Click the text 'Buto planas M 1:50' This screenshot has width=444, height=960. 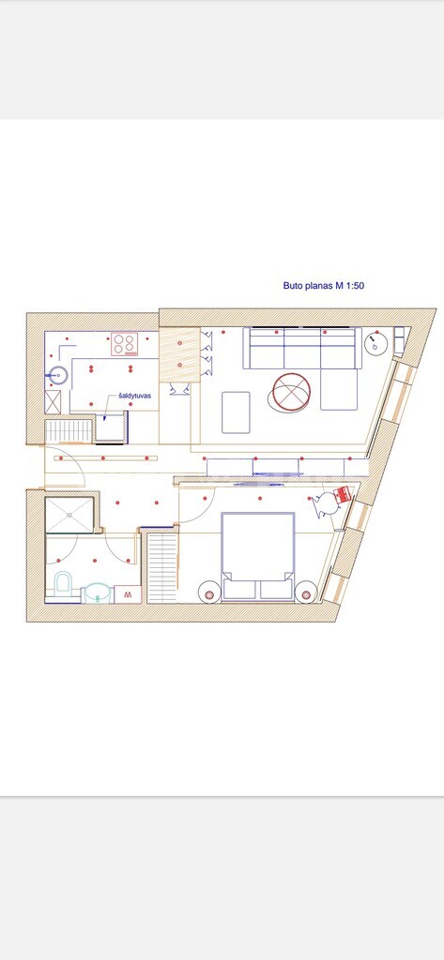324,285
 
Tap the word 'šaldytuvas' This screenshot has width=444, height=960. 135,397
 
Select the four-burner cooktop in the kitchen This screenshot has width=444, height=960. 125,344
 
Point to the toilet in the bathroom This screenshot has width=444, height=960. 63,583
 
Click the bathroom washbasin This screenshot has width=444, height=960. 97,592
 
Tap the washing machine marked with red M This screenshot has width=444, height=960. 128,594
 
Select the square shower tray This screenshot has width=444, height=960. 69,515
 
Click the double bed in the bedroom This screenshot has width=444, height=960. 257,556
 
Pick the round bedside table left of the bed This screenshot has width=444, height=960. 209,592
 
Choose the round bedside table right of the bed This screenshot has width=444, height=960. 306,592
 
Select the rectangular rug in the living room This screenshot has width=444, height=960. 237,412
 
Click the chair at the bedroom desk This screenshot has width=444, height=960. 324,504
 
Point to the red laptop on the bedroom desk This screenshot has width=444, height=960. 343,494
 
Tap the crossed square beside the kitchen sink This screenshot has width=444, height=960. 53,401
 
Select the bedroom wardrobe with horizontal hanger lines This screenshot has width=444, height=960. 162,567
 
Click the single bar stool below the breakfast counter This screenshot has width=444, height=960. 179,388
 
